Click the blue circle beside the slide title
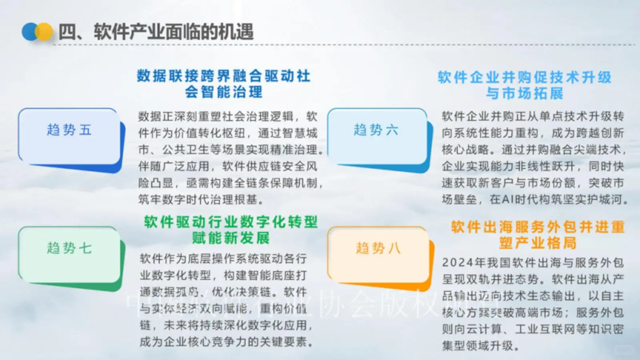tap(30, 32)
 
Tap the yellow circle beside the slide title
tap(45, 32)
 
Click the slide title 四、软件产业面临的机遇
tap(156, 32)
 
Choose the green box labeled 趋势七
tap(69, 254)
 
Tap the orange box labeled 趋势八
tap(378, 254)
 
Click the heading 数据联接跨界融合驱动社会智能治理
tap(224, 84)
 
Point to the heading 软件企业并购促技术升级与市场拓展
tap(524, 85)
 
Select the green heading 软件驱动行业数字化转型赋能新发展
tap(231, 230)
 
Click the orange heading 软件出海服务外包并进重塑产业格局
tap(538, 235)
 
